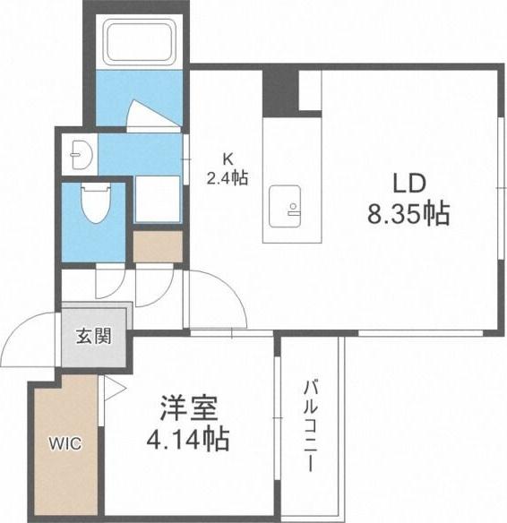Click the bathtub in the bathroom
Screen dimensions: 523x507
[x=136, y=44]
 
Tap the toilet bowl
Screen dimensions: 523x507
[x=93, y=205]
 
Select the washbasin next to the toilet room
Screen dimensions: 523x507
[x=78, y=154]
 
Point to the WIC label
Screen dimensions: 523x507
[x=64, y=442]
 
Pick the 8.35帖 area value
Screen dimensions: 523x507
[x=406, y=214]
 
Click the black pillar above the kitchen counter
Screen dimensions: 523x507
[x=279, y=91]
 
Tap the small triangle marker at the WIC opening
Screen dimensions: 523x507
[x=113, y=386]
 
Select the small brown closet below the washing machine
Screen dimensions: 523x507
[x=157, y=247]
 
